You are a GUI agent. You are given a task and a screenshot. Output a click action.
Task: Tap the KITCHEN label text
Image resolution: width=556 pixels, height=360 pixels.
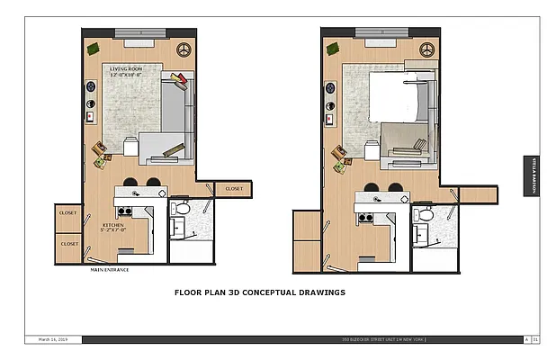tap(112, 225)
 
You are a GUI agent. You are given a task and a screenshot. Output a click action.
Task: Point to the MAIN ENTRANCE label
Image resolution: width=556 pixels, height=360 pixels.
tap(109, 269)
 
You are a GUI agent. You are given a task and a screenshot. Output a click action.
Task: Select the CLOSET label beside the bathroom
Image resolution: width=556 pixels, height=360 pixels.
tap(234, 188)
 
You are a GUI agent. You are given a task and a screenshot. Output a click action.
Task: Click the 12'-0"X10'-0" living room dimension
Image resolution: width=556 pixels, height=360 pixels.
tap(130, 75)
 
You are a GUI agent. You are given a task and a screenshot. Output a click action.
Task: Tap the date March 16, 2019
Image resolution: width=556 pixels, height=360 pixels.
tap(55, 339)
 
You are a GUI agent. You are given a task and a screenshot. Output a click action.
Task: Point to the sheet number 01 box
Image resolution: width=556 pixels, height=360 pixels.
tap(536, 339)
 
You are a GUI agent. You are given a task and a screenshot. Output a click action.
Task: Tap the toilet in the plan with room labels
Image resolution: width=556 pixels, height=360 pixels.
tap(181, 209)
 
